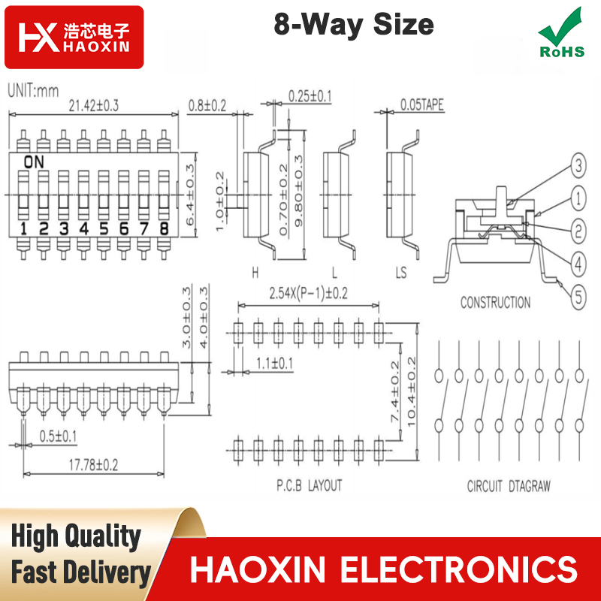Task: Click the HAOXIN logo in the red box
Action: (x=74, y=37)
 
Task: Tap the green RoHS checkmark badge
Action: (x=561, y=33)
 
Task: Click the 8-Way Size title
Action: (x=353, y=25)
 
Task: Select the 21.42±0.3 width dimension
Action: (x=93, y=105)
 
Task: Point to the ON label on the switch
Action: (x=34, y=162)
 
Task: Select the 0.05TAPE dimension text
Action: (x=422, y=104)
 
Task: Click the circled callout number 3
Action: (x=578, y=165)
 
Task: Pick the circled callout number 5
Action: (x=578, y=297)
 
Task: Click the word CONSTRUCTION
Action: (x=495, y=303)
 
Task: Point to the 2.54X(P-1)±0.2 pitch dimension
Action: (x=308, y=294)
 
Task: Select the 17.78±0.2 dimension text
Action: (x=93, y=465)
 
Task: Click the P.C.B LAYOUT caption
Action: (x=309, y=485)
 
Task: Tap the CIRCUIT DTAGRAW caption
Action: (x=509, y=486)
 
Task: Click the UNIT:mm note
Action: (x=33, y=91)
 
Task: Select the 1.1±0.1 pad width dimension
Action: (x=274, y=363)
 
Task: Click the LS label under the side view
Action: (x=401, y=273)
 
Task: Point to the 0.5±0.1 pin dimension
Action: (x=58, y=436)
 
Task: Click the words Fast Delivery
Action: (x=81, y=572)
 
